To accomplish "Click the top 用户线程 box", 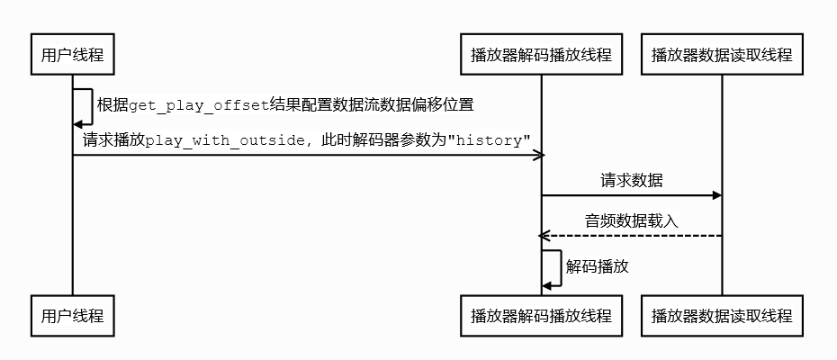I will [73, 55].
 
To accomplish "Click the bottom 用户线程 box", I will [73, 316].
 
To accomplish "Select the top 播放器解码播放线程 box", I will [541, 55].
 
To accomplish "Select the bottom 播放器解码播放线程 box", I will [541, 316].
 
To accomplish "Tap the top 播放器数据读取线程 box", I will [722, 55].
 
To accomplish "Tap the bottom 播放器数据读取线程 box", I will [722, 316].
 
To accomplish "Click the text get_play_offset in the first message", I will [199, 105].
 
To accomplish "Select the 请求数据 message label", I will [631, 180].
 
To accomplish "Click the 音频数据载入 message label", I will [631, 220].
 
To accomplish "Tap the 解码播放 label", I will [597, 266].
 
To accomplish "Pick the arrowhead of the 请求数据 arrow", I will [716, 195].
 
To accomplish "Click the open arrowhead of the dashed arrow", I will [544, 236].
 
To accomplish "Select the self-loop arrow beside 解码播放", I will [560, 268].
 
